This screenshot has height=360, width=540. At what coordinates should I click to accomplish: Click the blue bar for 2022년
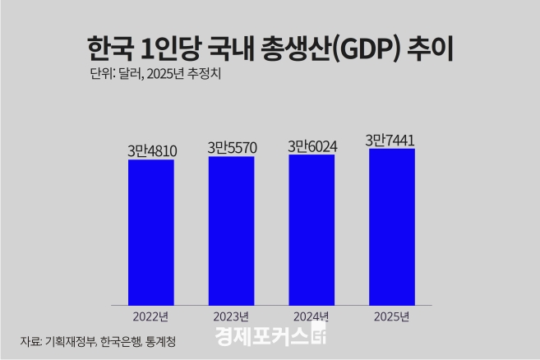coord(150,233)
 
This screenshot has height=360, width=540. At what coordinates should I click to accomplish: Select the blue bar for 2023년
coord(231,231)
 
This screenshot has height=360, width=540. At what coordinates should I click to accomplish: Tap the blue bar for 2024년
coord(312,230)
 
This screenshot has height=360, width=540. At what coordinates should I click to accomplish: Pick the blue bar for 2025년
coord(391,227)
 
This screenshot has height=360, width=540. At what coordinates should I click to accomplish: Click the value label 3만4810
coord(150,150)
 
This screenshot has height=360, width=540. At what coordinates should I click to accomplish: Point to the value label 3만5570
coord(231,147)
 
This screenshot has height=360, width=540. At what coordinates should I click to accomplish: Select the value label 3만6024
coord(312,145)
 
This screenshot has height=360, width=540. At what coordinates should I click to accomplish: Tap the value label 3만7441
coord(391,140)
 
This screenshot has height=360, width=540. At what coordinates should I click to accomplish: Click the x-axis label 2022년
coord(150,316)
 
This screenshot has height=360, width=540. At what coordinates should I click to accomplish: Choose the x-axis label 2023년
coord(231,316)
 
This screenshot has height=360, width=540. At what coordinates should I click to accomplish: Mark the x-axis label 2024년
coord(312,316)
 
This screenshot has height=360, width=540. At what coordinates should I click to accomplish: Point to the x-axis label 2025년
coord(391,316)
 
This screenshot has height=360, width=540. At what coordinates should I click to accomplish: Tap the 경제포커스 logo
coord(271,337)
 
